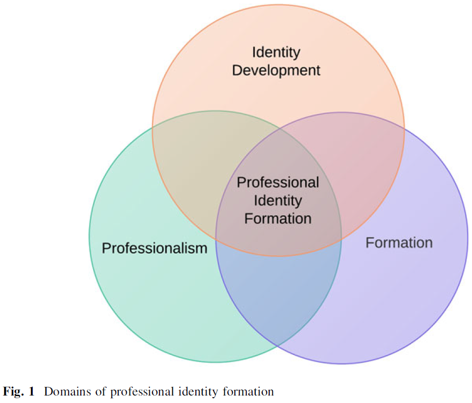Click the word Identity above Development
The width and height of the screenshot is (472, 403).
tap(276, 52)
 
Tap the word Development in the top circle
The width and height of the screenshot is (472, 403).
tap(276, 70)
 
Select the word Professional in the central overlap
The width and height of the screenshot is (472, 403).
tap(278, 183)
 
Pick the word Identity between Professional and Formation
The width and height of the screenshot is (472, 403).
tap(278, 201)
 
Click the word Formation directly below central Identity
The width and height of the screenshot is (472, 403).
tap(278, 218)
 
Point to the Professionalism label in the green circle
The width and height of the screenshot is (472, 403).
tap(154, 248)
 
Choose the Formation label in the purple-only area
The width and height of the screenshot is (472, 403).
tap(399, 243)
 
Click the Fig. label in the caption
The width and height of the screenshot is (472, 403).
tap(13, 392)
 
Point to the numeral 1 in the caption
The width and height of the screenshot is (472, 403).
tap(31, 392)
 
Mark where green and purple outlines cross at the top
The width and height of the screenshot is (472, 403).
tap(279, 129)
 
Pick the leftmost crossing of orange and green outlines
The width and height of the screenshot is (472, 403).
tap(153, 127)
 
